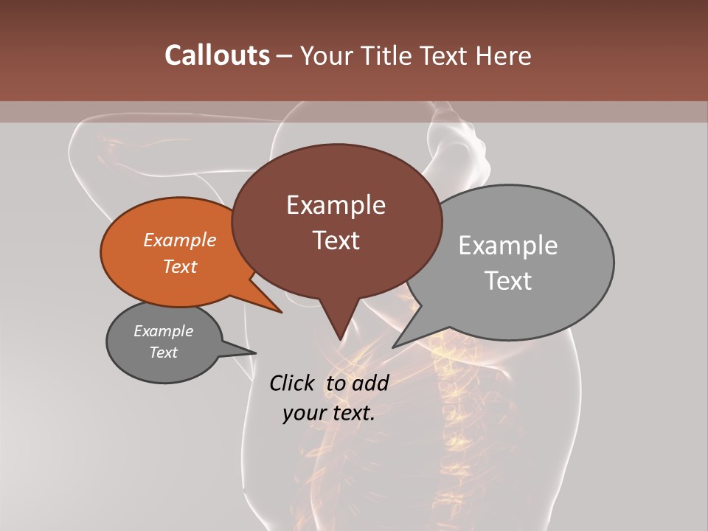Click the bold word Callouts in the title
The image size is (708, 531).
click(x=217, y=55)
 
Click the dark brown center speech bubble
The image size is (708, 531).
click(x=336, y=265)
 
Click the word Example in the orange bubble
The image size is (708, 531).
click(x=180, y=240)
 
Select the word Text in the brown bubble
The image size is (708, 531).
click(x=336, y=240)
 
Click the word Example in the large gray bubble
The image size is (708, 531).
click(x=508, y=246)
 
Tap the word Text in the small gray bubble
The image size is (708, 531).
click(x=164, y=353)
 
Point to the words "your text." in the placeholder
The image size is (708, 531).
click(x=329, y=413)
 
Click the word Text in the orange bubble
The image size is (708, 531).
click(x=180, y=266)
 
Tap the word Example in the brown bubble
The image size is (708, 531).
click(x=336, y=205)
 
